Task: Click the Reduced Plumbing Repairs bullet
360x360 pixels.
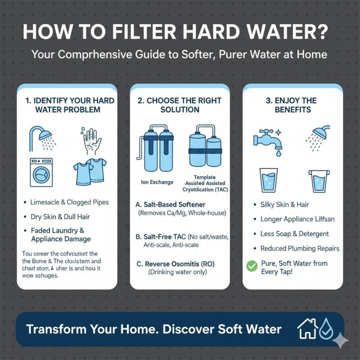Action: point(300,248)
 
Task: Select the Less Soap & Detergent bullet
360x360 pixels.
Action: point(294,234)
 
